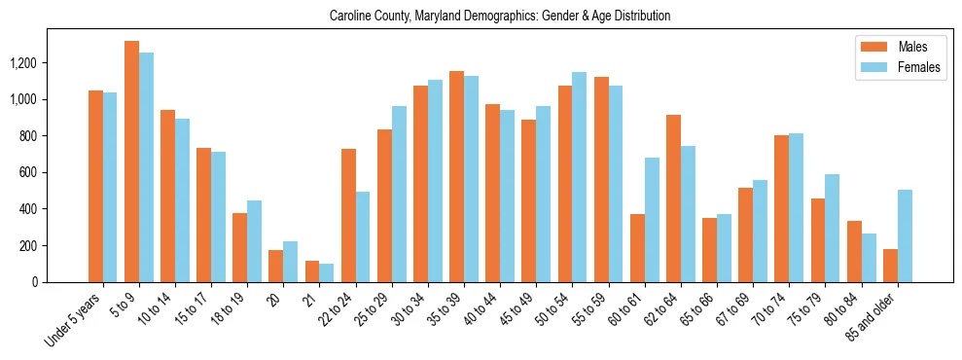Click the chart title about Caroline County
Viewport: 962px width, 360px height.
pyautogui.click(x=500, y=17)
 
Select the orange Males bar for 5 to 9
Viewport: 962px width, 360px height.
pyautogui.click(x=131, y=162)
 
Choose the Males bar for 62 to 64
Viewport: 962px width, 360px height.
pyautogui.click(x=673, y=198)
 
